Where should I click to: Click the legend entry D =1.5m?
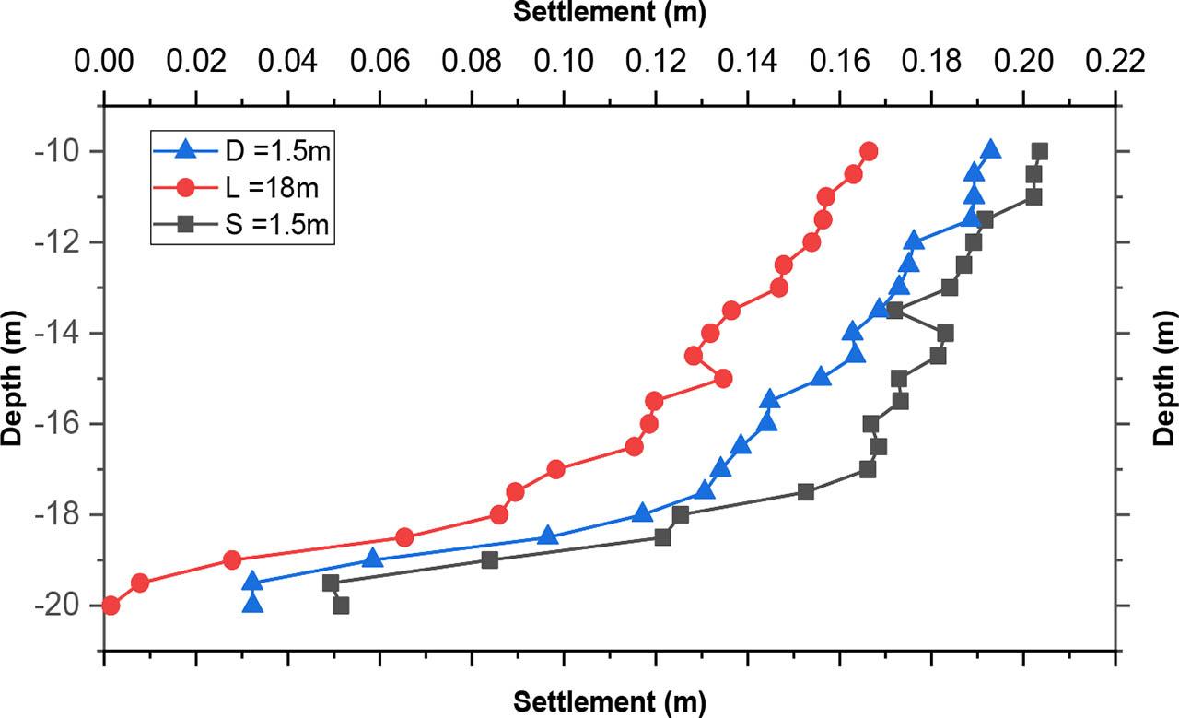pyautogui.click(x=241, y=150)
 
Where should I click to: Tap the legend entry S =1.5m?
pyautogui.click(x=241, y=225)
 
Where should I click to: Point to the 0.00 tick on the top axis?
pyautogui.click(x=105, y=63)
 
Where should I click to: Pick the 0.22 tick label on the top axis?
pyautogui.click(x=1115, y=63)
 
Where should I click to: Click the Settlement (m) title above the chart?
pyautogui.click(x=609, y=13)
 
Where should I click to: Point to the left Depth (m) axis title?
pyautogui.click(x=12, y=378)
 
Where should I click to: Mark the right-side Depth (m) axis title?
pyautogui.click(x=1165, y=378)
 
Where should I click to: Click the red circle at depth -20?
pyautogui.click(x=111, y=606)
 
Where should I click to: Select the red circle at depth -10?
pyautogui.click(x=869, y=151)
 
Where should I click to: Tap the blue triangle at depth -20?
pyautogui.click(x=252, y=604)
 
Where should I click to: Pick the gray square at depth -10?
pyautogui.click(x=1039, y=151)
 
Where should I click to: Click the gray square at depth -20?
pyautogui.click(x=341, y=606)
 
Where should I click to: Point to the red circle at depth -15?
pyautogui.click(x=723, y=378)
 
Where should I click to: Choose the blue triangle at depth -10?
pyautogui.click(x=991, y=150)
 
